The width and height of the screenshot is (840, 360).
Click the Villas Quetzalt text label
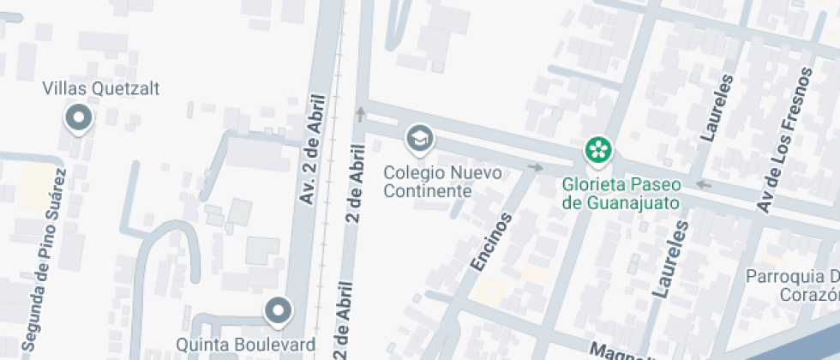(101, 88)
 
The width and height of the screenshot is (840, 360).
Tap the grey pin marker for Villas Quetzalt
(80, 118)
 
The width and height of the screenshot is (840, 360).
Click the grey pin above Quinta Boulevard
(278, 311)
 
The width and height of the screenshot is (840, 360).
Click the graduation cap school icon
(419, 137)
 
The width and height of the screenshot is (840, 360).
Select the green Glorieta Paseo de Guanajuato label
(621, 194)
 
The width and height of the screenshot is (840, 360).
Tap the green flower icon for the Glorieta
(598, 150)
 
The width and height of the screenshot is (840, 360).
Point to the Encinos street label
(491, 243)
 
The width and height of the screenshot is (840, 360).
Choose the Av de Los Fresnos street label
(772, 160)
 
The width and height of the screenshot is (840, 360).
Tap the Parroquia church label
(793, 285)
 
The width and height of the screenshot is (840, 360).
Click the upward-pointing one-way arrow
(361, 111)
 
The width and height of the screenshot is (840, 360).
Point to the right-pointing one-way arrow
(537, 167)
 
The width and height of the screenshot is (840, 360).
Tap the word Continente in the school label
(428, 190)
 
